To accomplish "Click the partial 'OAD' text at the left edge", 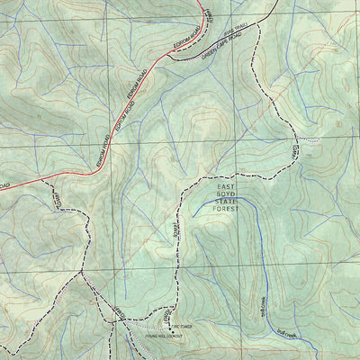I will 4,185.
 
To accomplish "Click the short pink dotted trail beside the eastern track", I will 308,141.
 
